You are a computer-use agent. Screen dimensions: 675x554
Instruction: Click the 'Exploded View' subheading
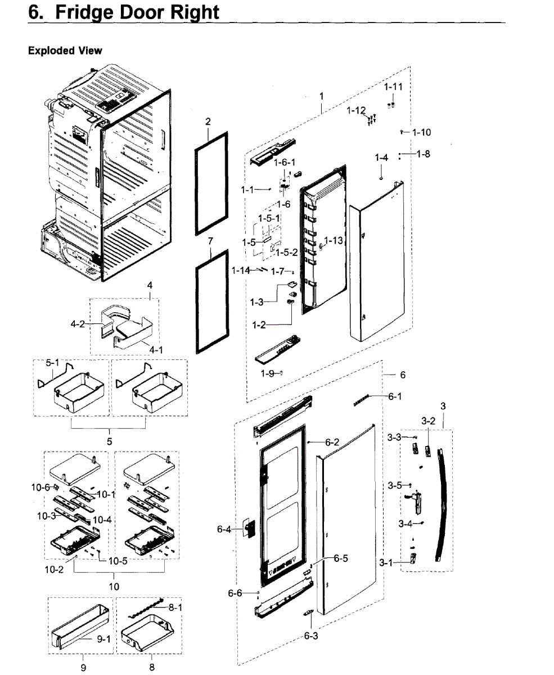click(x=65, y=51)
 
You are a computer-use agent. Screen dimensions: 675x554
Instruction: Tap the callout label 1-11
click(x=394, y=87)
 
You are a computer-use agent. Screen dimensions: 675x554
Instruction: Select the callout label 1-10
click(x=421, y=133)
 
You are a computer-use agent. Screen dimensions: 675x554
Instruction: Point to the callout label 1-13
click(x=333, y=241)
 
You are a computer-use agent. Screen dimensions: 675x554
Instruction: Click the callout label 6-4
click(x=224, y=529)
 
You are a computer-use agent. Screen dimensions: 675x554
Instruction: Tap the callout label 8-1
click(x=175, y=608)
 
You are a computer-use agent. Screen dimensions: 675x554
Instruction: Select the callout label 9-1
click(x=102, y=638)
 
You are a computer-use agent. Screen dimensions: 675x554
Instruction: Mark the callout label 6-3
click(x=311, y=636)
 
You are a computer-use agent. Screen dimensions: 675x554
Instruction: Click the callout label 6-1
click(x=395, y=397)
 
